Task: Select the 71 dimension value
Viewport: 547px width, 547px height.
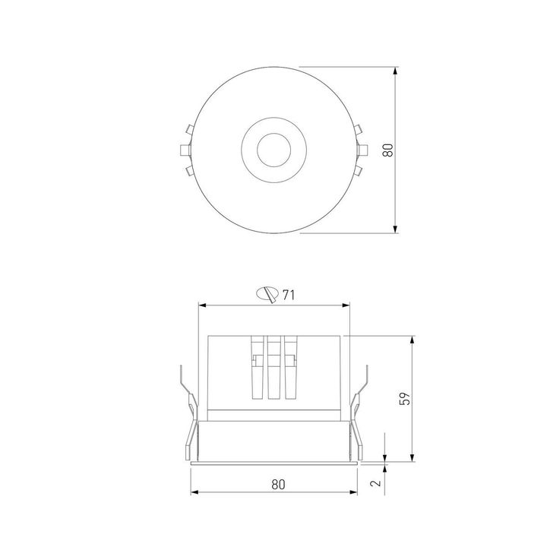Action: pyautogui.click(x=288, y=295)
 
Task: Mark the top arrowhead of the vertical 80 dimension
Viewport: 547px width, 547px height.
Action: pyautogui.click(x=397, y=70)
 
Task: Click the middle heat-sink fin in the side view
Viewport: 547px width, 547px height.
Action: pyautogui.click(x=273, y=368)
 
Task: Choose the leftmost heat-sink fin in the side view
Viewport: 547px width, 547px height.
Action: pyautogui.click(x=257, y=368)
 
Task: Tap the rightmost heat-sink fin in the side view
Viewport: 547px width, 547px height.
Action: pyautogui.click(x=289, y=368)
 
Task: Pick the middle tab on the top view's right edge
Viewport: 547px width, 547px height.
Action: pyautogui.click(x=360, y=149)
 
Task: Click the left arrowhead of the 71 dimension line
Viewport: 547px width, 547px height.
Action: pyautogui.click(x=202, y=305)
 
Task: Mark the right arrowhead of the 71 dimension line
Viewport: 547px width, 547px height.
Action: pyautogui.click(x=348, y=305)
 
